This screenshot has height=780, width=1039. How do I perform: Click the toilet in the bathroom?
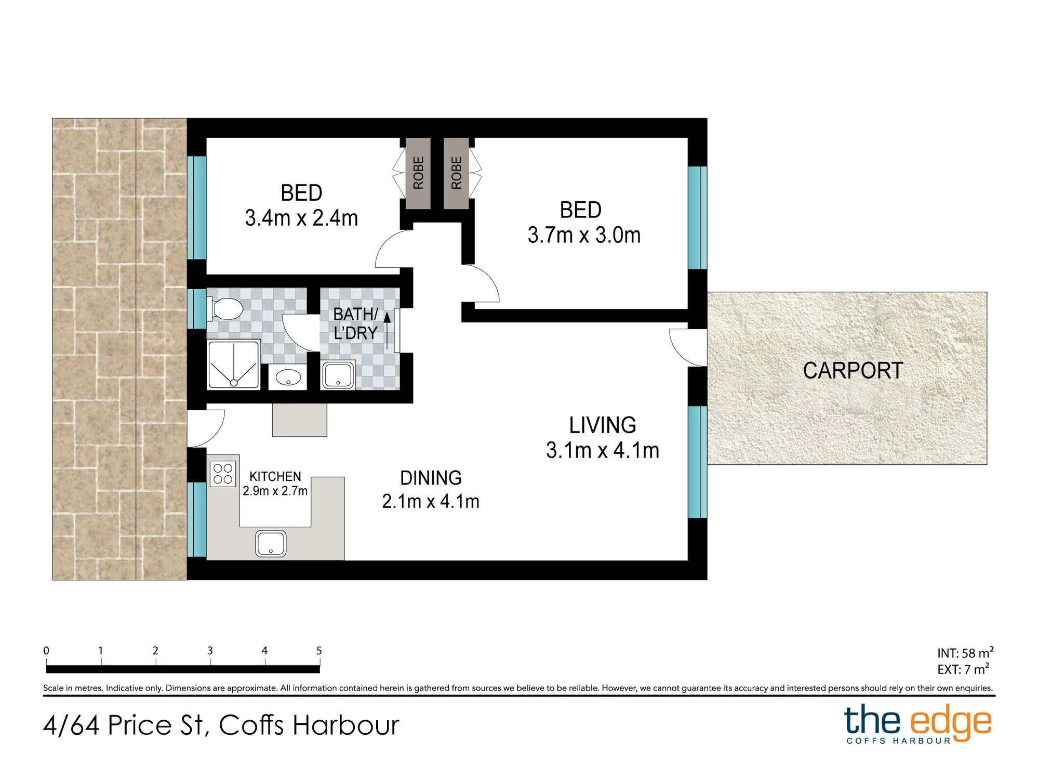tap(225, 309)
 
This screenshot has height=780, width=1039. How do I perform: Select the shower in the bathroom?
tap(233, 365)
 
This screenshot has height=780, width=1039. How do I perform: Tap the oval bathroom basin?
tap(288, 378)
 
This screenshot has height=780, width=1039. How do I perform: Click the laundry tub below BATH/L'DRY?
tap(338, 374)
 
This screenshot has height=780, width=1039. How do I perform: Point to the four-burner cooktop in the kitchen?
tap(223, 474)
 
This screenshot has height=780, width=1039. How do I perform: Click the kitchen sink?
tap(271, 543)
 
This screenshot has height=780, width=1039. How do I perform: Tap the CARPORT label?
tap(853, 371)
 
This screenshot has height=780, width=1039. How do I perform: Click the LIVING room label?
tap(603, 425)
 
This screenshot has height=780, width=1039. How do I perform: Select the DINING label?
tap(431, 478)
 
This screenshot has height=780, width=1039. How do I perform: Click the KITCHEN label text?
tap(275, 477)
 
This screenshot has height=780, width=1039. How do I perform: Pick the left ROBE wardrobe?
tap(418, 173)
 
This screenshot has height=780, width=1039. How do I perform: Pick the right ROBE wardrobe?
tap(456, 173)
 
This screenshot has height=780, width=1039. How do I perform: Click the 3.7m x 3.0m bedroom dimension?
tap(584, 235)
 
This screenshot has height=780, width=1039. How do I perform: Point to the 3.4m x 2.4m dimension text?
tap(301, 218)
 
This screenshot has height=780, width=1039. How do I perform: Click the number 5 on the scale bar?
tap(319, 651)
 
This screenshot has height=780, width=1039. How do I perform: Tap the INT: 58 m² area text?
tap(965, 653)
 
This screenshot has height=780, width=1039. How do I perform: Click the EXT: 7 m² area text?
tap(963, 669)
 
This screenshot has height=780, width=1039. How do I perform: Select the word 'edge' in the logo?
tap(950, 723)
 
